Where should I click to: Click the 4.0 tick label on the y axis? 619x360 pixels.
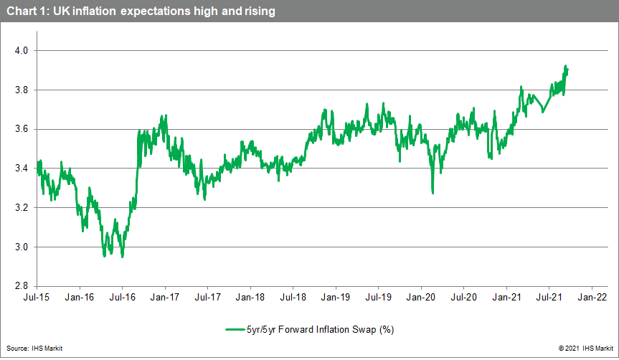(x=22, y=51)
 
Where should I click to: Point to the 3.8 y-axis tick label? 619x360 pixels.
(x=22, y=90)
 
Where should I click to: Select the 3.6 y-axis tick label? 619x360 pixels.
(x=22, y=130)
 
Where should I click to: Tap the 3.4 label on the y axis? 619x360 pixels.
(x=22, y=169)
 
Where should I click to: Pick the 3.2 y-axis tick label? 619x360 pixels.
(x=22, y=208)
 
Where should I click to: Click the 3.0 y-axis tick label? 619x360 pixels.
(x=22, y=247)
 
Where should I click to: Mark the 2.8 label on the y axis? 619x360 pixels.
(x=22, y=286)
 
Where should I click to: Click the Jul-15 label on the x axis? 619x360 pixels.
(x=37, y=295)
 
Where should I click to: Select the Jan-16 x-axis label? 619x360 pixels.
(x=80, y=295)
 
